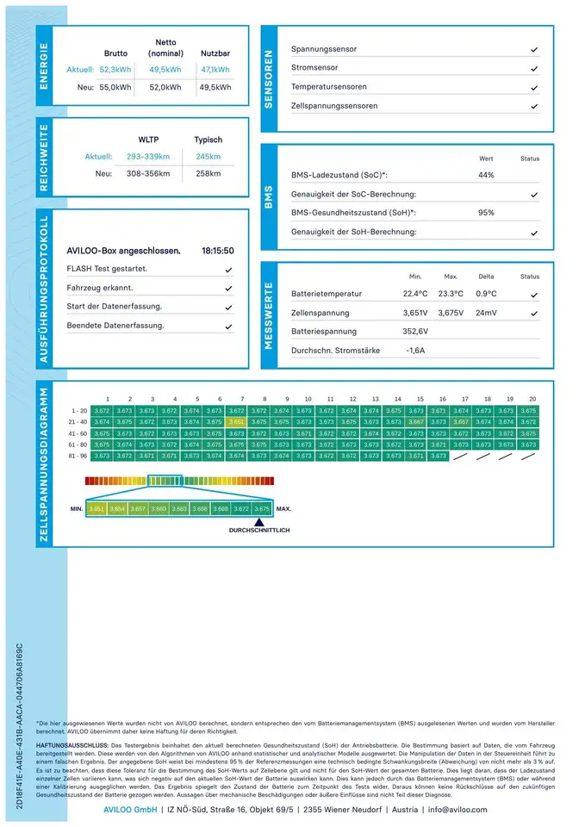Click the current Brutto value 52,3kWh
[x=115, y=70]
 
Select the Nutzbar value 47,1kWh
[x=215, y=70]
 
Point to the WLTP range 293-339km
[x=148, y=157]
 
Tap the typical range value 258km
[x=208, y=174]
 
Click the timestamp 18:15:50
[x=218, y=252]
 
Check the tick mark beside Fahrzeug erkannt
[x=228, y=289]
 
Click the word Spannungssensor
[x=324, y=50]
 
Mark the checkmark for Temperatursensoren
[x=534, y=88]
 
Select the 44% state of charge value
[x=486, y=176]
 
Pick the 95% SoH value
[x=486, y=213]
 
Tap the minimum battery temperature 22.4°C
[x=415, y=295]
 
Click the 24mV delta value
[x=487, y=314]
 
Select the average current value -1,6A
[x=415, y=351]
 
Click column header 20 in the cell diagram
[x=532, y=400]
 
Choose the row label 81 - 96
[x=79, y=456]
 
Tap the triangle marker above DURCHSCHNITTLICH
[x=258, y=521]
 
